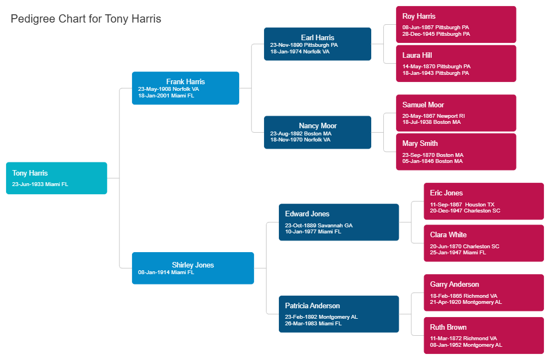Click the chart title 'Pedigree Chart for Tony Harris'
[x=86, y=19]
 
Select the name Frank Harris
[x=185, y=81]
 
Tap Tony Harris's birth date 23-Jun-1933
[x=40, y=184]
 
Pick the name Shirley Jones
[x=193, y=265]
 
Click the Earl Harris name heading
[x=317, y=37]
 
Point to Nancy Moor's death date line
[x=300, y=140]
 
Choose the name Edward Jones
[x=307, y=214]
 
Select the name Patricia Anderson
[x=312, y=306]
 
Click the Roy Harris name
[x=419, y=17]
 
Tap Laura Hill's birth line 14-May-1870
[x=436, y=67]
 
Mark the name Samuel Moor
[x=423, y=105]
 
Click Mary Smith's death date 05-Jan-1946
[x=432, y=161]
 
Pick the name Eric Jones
[x=446, y=193]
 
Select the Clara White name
[x=448, y=234]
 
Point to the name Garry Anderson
[x=454, y=284]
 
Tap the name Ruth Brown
[x=448, y=327]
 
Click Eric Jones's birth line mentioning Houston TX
[x=462, y=205]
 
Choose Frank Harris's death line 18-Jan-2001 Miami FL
[x=166, y=96]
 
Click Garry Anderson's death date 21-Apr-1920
[x=466, y=302]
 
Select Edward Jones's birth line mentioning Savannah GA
[x=318, y=226]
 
